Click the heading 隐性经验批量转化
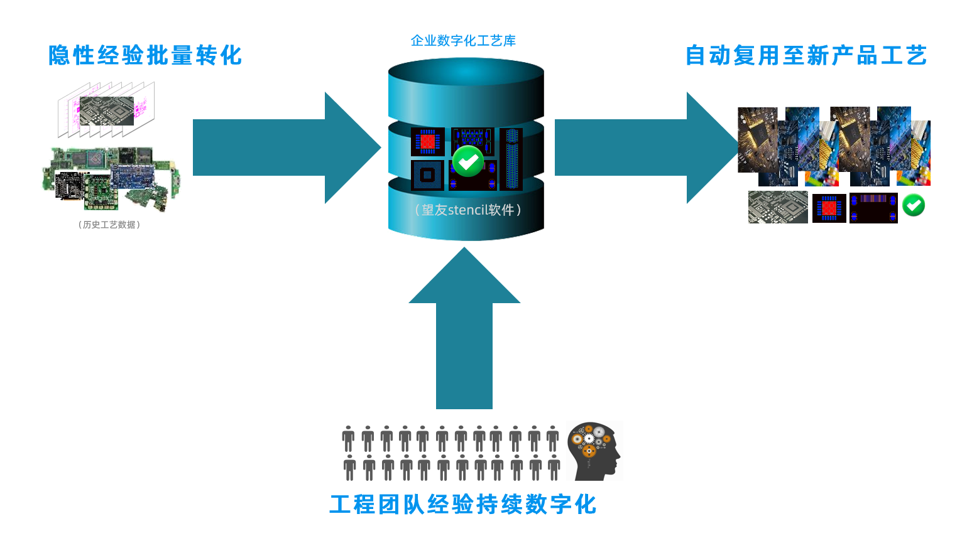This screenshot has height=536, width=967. tap(145, 55)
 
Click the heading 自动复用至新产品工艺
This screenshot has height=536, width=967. tap(806, 55)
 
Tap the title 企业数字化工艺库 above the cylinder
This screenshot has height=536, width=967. tap(463, 41)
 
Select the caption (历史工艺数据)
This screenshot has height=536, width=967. tap(109, 225)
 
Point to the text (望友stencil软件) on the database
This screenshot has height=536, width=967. tap(467, 210)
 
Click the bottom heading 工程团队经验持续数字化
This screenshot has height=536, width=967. tap(463, 504)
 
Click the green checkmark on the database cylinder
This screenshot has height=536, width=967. tap(467, 161)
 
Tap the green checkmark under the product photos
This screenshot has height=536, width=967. tap(913, 205)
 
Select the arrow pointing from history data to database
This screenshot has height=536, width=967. tap(283, 147)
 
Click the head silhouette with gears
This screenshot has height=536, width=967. tap(594, 451)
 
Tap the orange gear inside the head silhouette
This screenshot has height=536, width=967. tap(589, 450)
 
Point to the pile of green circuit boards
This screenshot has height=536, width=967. tap(111, 178)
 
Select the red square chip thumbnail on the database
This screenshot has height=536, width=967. tap(427, 141)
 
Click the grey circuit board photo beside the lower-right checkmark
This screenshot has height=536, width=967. tap(778, 207)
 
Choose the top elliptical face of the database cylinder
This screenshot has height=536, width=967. tap(466, 72)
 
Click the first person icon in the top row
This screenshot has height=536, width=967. tap(348, 439)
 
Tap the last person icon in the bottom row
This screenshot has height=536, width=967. tap(554, 468)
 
